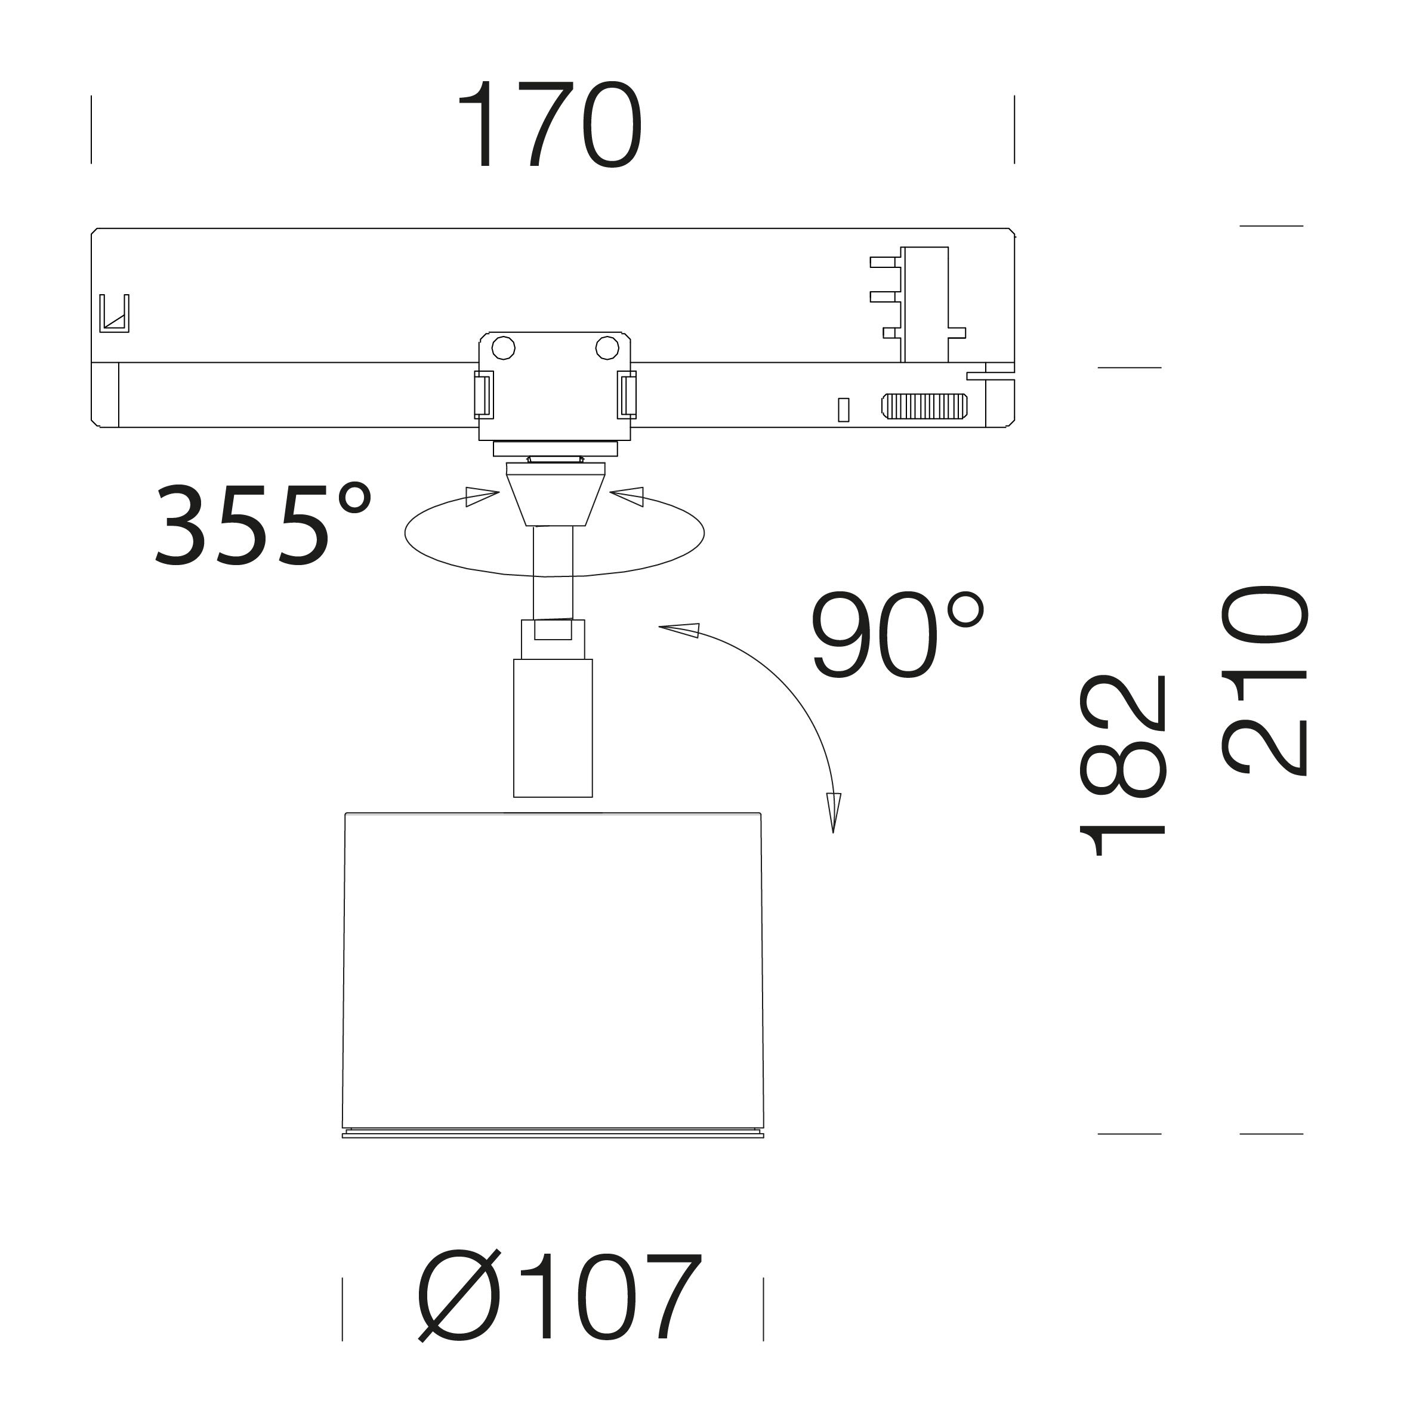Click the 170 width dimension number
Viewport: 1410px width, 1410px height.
(x=549, y=124)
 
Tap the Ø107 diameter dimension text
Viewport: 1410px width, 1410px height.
(x=559, y=1296)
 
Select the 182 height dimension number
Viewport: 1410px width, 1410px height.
(x=1122, y=765)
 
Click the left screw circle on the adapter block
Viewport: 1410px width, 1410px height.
(x=503, y=348)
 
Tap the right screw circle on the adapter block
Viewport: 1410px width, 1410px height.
(x=606, y=348)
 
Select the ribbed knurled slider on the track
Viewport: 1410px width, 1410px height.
(x=924, y=406)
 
